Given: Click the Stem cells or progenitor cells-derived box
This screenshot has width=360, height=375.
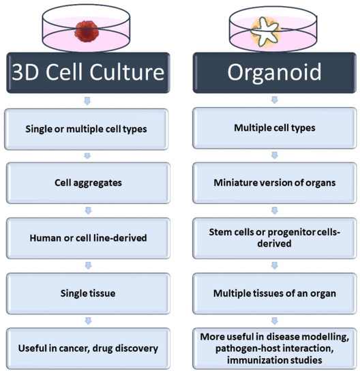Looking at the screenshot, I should coord(273,239).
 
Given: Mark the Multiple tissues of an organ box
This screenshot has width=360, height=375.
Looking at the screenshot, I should coord(273,293).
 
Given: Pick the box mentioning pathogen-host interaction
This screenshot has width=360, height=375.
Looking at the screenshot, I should coord(273,348).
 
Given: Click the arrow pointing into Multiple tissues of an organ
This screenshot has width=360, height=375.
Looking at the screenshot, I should coord(273,266).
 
